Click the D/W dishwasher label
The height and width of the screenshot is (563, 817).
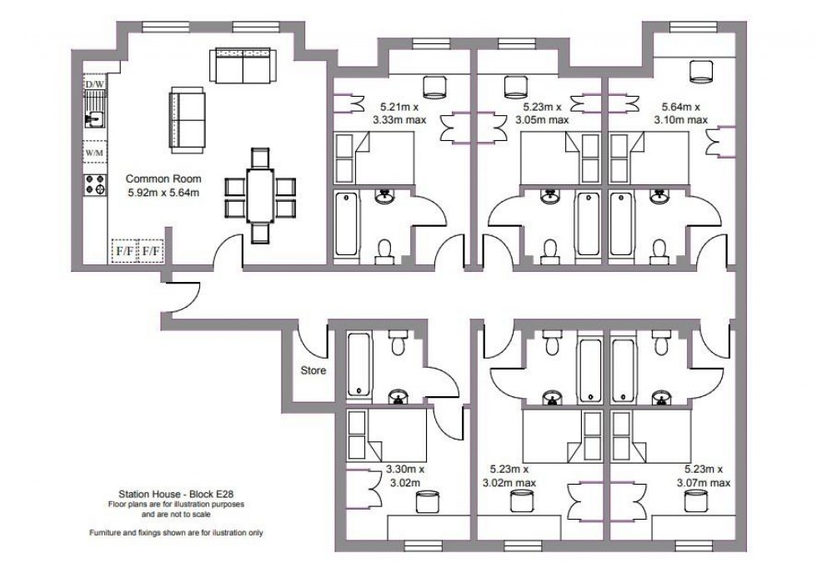coord(94,84)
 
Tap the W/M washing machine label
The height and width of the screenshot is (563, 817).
coord(94,153)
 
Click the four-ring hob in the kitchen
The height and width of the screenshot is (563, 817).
coord(94,184)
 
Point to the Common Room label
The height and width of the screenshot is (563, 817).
coord(163,185)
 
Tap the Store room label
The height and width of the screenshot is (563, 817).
coord(313,370)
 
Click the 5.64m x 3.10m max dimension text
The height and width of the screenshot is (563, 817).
coord(683,113)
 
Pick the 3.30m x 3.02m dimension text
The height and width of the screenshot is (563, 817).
coord(406,475)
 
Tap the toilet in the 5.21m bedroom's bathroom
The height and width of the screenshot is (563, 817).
coord(384,250)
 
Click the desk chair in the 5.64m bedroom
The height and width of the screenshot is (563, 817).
coord(701,73)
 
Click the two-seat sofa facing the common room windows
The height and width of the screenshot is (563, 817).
coord(242,66)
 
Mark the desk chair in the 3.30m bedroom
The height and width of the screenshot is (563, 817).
coord(426,502)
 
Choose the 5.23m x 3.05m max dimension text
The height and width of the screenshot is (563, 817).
coord(544,113)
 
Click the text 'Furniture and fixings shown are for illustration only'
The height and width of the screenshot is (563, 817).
coord(176,531)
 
